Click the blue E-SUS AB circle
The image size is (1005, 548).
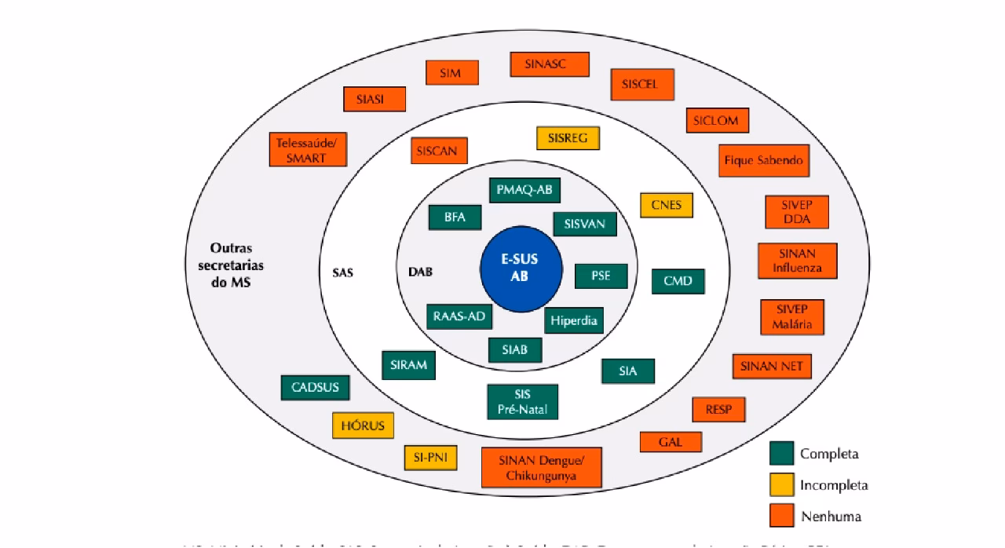click(521, 269)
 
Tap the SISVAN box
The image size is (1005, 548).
click(584, 224)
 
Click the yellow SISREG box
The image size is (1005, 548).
click(568, 138)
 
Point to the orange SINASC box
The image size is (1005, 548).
click(549, 64)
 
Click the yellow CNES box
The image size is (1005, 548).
click(667, 206)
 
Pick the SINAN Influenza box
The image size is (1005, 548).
click(797, 261)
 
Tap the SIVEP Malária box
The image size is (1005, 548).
click(791, 316)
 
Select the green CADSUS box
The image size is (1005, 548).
click(315, 388)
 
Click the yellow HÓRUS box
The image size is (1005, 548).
click(362, 426)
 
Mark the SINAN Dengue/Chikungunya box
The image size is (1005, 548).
click(541, 468)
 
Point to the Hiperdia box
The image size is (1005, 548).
click(573, 320)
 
